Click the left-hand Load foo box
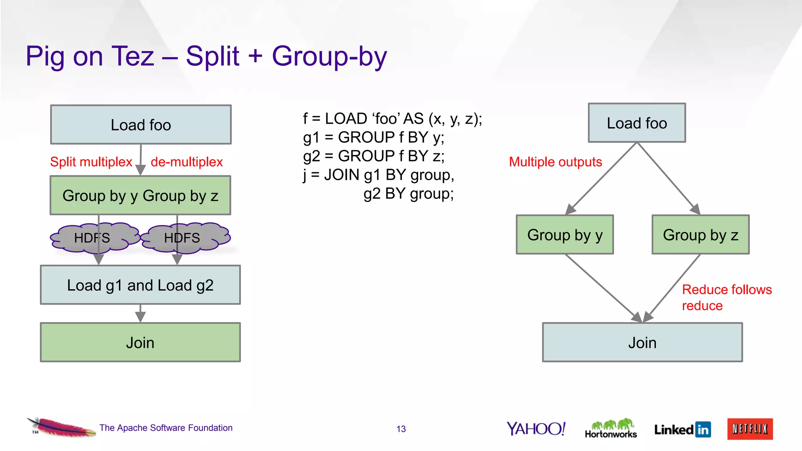(141, 125)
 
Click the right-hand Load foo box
(637, 123)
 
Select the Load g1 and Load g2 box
(140, 285)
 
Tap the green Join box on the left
(140, 343)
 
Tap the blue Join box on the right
(642, 343)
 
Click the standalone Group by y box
(565, 235)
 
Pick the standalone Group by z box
(700, 235)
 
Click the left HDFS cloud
(92, 238)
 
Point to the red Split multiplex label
(91, 162)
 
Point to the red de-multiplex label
(186, 162)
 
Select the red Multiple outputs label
(555, 162)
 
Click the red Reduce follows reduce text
(726, 298)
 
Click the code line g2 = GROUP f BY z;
(374, 156)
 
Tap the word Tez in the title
(133, 56)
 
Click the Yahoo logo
(536, 429)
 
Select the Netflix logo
(750, 429)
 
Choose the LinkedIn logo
(682, 429)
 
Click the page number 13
(401, 429)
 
